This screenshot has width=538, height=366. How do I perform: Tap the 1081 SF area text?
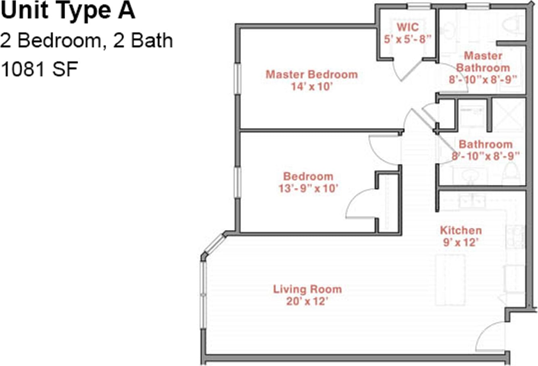tap(40, 69)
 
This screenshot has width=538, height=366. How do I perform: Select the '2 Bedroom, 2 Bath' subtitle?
tap(86, 41)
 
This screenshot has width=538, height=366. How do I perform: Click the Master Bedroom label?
tap(312, 75)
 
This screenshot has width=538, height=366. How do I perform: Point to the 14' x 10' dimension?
tap(312, 87)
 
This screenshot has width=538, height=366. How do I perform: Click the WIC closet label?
tap(408, 27)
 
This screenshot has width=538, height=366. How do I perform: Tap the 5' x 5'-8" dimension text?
tap(408, 39)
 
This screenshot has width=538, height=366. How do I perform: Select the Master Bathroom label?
tap(483, 62)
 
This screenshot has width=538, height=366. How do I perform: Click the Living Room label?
tap(307, 289)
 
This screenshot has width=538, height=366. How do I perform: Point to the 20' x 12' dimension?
tap(307, 301)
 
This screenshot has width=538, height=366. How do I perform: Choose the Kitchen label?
tap(461, 230)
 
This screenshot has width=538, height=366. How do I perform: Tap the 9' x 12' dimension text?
tap(459, 243)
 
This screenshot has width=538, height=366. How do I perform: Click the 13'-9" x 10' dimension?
tap(308, 188)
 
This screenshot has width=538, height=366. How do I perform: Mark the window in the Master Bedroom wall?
tap(237, 79)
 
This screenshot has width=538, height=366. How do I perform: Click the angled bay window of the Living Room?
tap(215, 245)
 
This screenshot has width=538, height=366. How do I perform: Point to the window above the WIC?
tap(419, 6)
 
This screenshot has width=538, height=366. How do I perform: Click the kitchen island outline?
tap(450, 280)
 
